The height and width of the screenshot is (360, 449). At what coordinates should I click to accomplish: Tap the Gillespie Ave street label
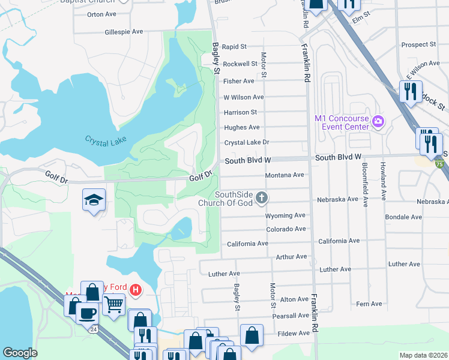coord(124,32)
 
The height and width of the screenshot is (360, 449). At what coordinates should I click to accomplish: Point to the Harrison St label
coord(240,112)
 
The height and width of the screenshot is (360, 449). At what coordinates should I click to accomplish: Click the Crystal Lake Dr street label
coord(247,143)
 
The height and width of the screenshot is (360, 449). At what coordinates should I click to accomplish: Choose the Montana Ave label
coord(285,175)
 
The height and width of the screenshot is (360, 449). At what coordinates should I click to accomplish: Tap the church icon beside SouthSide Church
coord(262,197)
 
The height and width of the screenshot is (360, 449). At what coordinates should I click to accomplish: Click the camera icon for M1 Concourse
coord(378,122)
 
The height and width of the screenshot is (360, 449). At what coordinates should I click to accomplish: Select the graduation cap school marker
coord(94,200)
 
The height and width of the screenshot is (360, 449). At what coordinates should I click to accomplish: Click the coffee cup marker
coord(88,313)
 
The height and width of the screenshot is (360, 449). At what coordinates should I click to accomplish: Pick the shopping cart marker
coord(113,304)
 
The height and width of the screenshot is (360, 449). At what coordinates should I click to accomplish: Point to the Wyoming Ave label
coord(285,215)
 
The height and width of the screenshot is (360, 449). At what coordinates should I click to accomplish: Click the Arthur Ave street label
coord(291,257)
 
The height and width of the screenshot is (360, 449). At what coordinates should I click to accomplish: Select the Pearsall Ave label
coord(291,316)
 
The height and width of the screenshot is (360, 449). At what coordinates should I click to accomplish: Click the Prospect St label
coord(418,44)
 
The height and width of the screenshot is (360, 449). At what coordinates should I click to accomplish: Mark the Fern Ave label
coord(369,304)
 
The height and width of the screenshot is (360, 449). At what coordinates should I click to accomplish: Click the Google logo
coord(20,353)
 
